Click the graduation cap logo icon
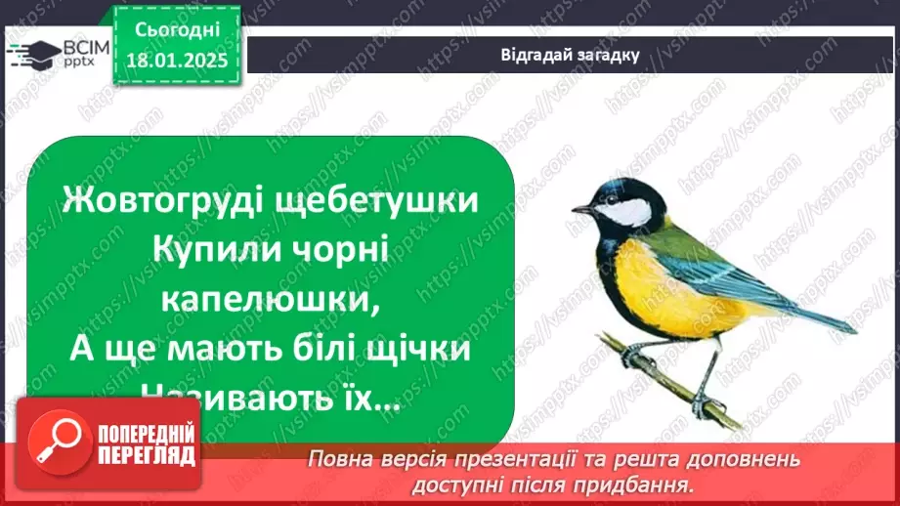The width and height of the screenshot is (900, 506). pyautogui.click(x=29, y=54)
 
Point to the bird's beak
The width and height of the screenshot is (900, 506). pyautogui.click(x=580, y=209)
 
